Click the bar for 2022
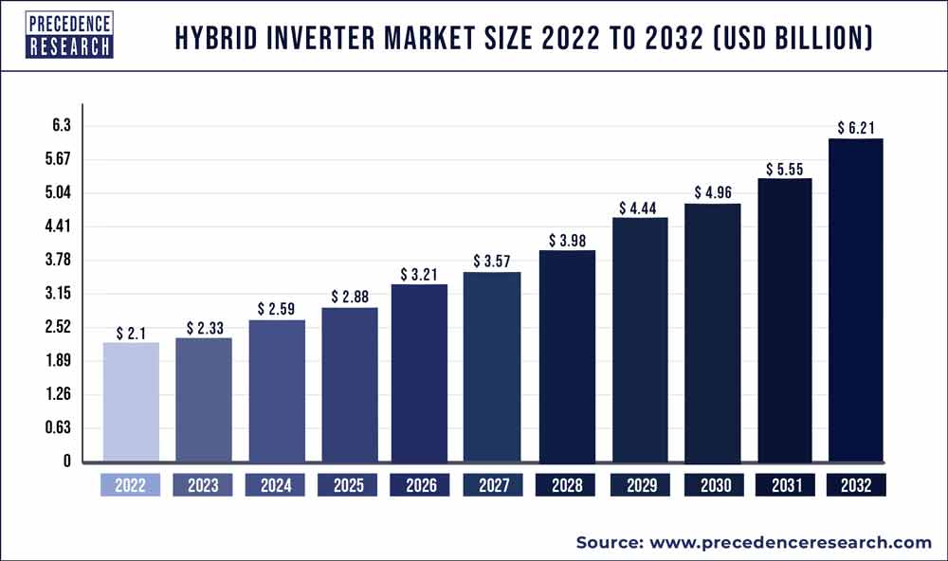(x=131, y=402)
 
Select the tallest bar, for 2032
(x=856, y=300)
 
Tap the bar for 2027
(x=493, y=367)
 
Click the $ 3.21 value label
(x=420, y=274)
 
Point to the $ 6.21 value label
(x=856, y=127)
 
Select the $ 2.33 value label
(x=204, y=328)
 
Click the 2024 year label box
(x=276, y=485)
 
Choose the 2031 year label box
(x=784, y=485)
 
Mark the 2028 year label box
(x=566, y=485)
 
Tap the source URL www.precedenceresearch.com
(x=790, y=542)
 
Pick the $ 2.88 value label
(x=349, y=297)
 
